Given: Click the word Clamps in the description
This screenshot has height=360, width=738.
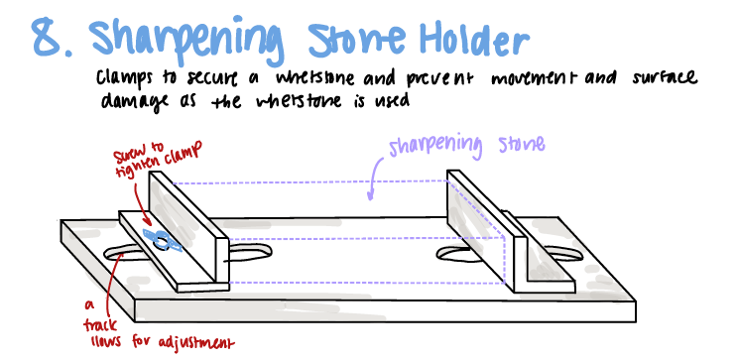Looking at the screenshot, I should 128,76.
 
